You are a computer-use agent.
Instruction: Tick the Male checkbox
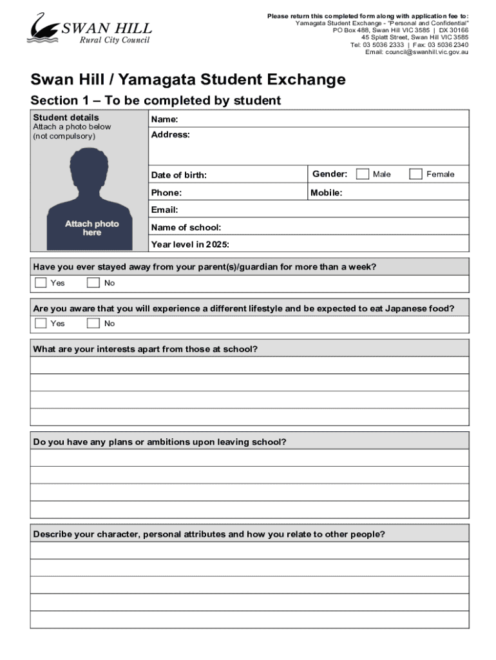coord(363,174)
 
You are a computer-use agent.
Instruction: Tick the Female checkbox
coord(416,174)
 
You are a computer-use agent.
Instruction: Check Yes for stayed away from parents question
coord(41,283)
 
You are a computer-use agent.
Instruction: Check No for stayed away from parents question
coord(93,283)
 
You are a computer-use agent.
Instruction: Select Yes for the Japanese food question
coord(41,323)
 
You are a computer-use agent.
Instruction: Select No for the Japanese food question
coord(93,323)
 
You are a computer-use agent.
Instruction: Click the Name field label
coord(164,120)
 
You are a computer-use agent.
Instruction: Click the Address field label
coord(170,135)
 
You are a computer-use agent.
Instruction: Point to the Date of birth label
coord(178,175)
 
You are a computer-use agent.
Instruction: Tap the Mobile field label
coord(326,193)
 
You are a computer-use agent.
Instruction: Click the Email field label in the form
coord(164,210)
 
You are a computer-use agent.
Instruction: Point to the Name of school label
coord(186,228)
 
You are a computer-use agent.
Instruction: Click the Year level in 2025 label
coord(189,245)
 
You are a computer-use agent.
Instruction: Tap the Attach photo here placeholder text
coord(91,228)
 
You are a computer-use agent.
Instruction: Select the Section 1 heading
coord(156,101)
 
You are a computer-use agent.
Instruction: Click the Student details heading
coord(66,117)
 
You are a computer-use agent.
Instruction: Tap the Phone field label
coord(166,193)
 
